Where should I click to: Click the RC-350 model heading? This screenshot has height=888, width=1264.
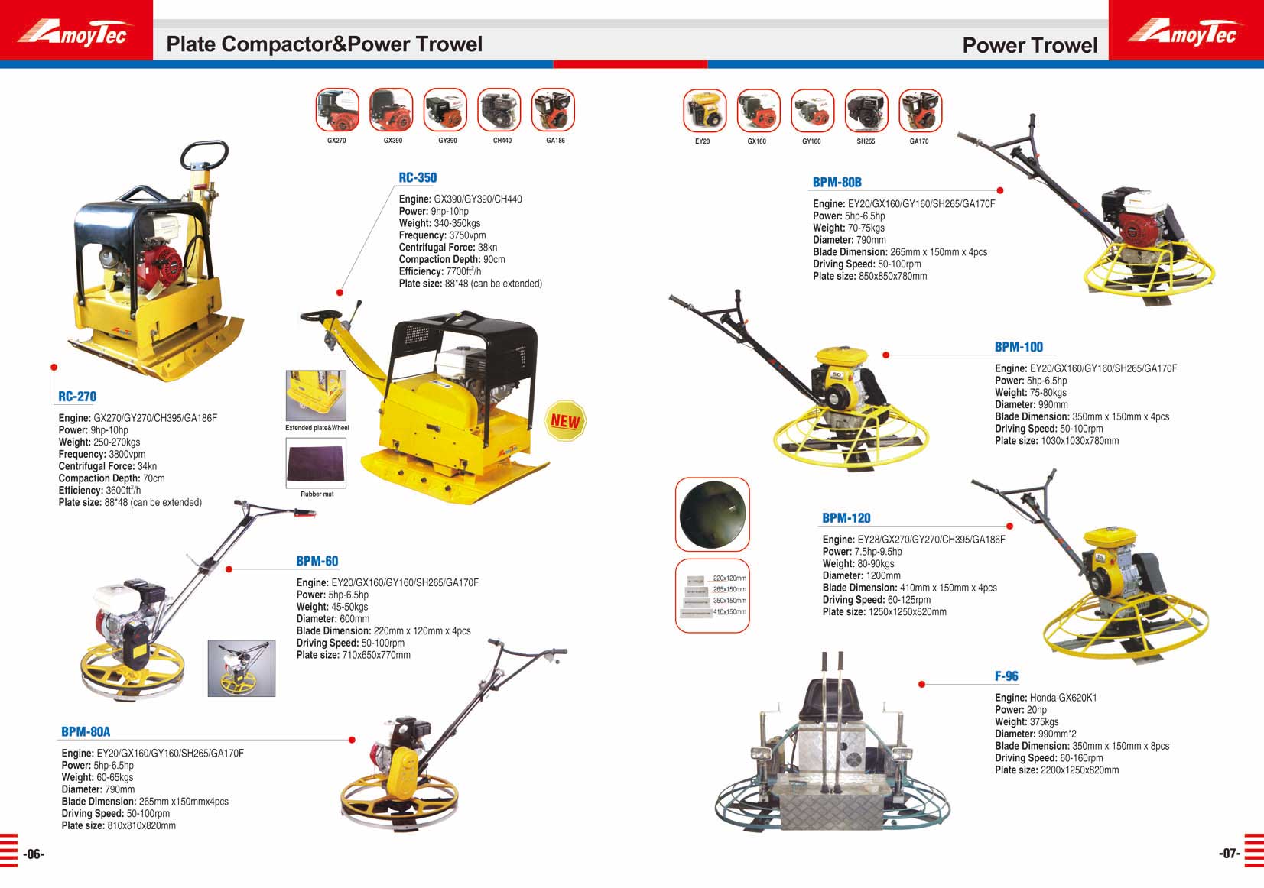[418, 177]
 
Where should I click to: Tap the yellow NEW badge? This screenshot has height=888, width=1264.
[565, 420]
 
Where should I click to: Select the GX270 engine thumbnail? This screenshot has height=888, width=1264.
[337, 110]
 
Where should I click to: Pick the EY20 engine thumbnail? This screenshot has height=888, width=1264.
[705, 111]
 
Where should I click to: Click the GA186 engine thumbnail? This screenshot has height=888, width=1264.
[553, 110]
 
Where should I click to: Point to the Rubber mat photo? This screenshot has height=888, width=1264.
[316, 462]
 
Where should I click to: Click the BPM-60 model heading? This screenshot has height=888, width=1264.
[317, 561]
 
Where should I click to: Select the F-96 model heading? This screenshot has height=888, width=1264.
[1006, 676]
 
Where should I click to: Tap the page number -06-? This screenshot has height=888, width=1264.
[34, 854]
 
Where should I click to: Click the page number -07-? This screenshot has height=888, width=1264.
[1230, 853]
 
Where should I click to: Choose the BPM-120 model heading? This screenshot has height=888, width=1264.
[846, 517]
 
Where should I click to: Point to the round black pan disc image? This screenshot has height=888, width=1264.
[712, 514]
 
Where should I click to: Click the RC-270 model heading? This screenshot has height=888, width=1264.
[77, 397]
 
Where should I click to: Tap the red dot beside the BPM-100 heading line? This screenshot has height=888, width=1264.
[886, 355]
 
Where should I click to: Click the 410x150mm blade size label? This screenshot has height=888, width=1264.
[729, 611]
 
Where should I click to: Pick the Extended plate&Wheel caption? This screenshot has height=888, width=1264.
[317, 428]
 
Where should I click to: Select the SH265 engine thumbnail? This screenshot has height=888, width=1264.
[866, 111]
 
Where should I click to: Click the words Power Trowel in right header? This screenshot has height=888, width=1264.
[1030, 45]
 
